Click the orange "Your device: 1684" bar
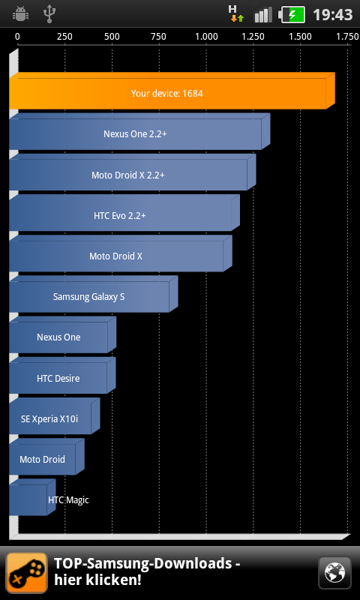pyautogui.click(x=172, y=91)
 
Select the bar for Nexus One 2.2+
pyautogui.click(x=139, y=131)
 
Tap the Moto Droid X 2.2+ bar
pyautogui.click(x=132, y=172)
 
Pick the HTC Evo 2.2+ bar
pyautogui.click(x=124, y=213)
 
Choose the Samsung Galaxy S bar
pyautogui.click(x=93, y=294)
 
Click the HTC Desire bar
pyautogui.click(x=62, y=376)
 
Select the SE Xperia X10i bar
pyautogui.click(x=54, y=416)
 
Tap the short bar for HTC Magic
pyautogui.click(x=32, y=497)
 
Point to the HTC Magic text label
pyautogui.click(x=68, y=499)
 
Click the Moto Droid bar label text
pyautogui.click(x=43, y=459)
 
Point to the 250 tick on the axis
pyautogui.click(x=64, y=37)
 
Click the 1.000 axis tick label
pyautogui.click(x=206, y=37)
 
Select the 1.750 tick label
pyautogui.click(x=346, y=37)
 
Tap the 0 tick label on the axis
pyautogui.click(x=17, y=37)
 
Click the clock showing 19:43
pyautogui.click(x=332, y=14)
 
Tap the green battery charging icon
pyautogui.click(x=292, y=14)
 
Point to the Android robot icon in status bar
pyautogui.click(x=20, y=14)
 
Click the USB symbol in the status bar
pyautogui.click(x=49, y=14)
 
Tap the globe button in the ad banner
pyautogui.click(x=334, y=573)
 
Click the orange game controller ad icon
pyautogui.click(x=27, y=573)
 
